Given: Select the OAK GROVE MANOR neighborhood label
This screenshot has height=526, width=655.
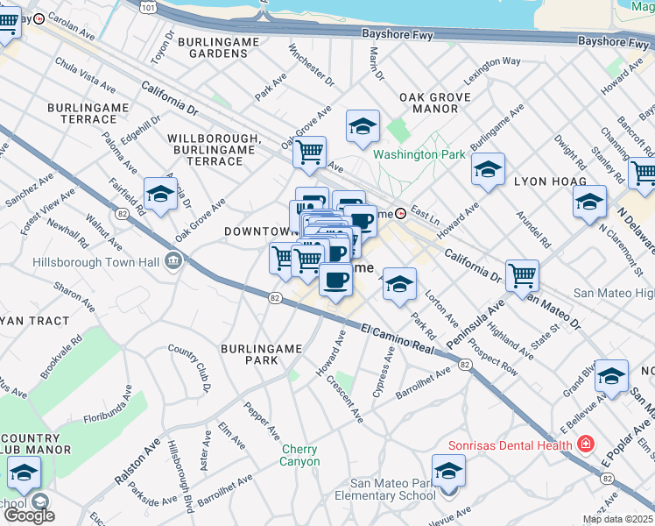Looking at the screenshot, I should pos(429,103).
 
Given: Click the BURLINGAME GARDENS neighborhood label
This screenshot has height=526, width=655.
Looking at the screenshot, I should pos(213,47).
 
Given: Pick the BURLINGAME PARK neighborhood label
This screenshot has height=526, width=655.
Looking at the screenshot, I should pos(249,354).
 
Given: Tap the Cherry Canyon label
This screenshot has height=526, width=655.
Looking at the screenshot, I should pos(300,456).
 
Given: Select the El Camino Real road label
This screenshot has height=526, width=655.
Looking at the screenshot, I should pos(398,338).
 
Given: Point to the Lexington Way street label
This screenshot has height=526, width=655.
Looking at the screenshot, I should pos(492,73).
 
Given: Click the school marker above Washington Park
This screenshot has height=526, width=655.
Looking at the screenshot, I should pos(362,127).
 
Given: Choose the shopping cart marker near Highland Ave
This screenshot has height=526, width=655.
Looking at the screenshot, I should pos(523,275).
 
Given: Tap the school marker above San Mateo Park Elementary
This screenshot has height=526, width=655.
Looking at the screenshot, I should pos(448,472).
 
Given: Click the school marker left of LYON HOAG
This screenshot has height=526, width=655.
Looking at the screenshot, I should pos(488,169).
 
